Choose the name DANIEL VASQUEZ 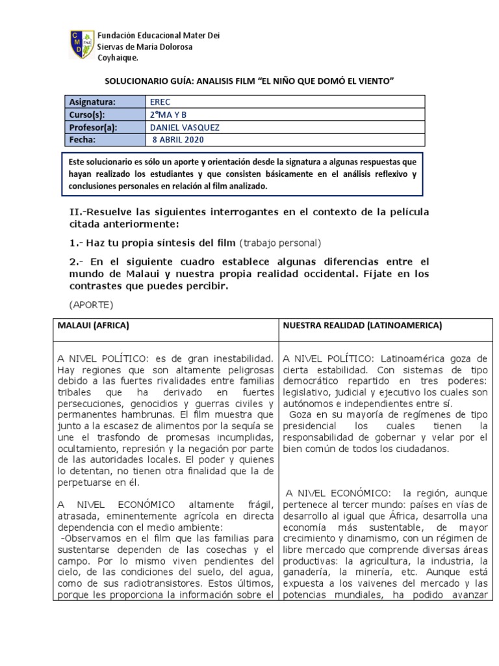click(x=185, y=127)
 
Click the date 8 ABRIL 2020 click(x=178, y=140)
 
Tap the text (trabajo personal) click(x=281, y=243)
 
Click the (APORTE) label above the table click(x=91, y=305)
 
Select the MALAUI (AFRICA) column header click(x=94, y=325)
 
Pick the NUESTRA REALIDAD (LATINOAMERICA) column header click(x=361, y=325)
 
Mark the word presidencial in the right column click(x=309, y=425)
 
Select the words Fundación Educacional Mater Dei click(x=159, y=35)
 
